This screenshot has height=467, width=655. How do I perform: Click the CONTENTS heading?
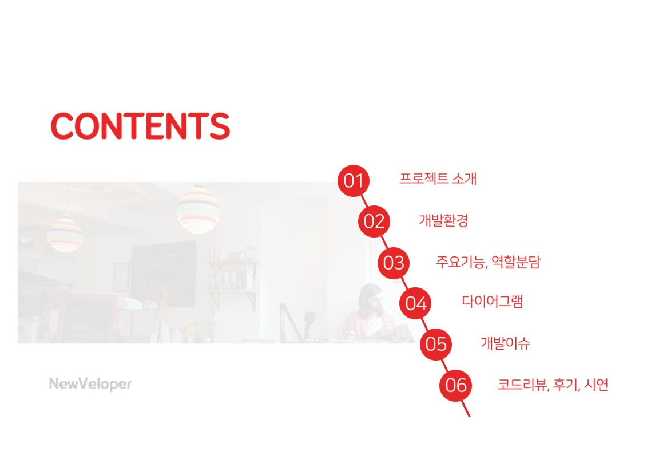click(140, 126)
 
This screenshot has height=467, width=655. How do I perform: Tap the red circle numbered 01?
click(354, 181)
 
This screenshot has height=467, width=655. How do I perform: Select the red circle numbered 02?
click(374, 221)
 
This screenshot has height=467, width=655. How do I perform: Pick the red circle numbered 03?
click(394, 263)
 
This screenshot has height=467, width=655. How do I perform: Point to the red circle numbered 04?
click(415, 303)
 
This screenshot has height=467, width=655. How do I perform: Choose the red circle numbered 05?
click(436, 344)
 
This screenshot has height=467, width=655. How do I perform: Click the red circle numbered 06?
click(456, 385)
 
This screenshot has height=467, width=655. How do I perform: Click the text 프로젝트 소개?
click(438, 179)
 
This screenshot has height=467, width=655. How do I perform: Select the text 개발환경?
click(443, 220)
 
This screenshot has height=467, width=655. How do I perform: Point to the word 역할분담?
click(517, 262)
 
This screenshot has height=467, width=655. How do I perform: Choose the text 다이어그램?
click(493, 302)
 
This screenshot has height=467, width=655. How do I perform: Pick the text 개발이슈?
click(506, 343)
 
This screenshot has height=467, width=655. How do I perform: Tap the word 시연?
click(596, 384)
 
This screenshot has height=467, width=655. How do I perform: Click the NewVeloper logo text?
click(90, 384)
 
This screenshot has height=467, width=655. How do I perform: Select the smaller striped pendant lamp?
click(65, 235)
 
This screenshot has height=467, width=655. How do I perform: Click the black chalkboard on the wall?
click(164, 274)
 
